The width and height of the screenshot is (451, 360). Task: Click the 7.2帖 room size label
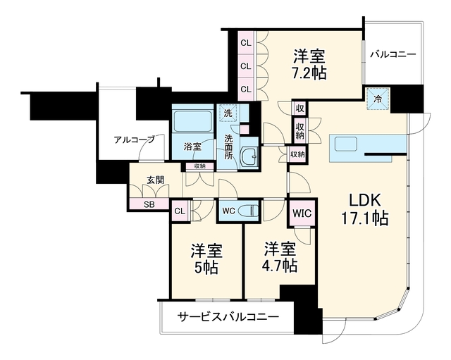(310, 73)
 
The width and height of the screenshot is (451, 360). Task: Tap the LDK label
(365, 200)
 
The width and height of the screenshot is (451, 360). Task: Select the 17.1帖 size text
(365, 218)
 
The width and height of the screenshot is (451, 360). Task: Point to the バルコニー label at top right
(393, 54)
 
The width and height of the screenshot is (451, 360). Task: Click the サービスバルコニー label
(228, 316)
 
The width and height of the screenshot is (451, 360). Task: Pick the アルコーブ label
(135, 139)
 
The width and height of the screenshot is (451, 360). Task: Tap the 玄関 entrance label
(156, 180)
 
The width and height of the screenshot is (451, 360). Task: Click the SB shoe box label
(149, 204)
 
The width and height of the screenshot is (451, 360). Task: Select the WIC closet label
(302, 213)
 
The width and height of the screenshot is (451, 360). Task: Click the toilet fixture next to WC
(248, 211)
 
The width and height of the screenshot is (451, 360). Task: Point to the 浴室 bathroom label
(192, 147)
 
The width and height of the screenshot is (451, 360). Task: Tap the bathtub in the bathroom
(192, 120)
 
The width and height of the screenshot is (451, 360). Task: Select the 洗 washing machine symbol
(228, 113)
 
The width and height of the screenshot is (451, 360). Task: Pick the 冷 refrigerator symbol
(378, 99)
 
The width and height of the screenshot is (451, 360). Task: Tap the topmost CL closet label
(246, 43)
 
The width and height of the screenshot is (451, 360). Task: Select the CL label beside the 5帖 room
(180, 211)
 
